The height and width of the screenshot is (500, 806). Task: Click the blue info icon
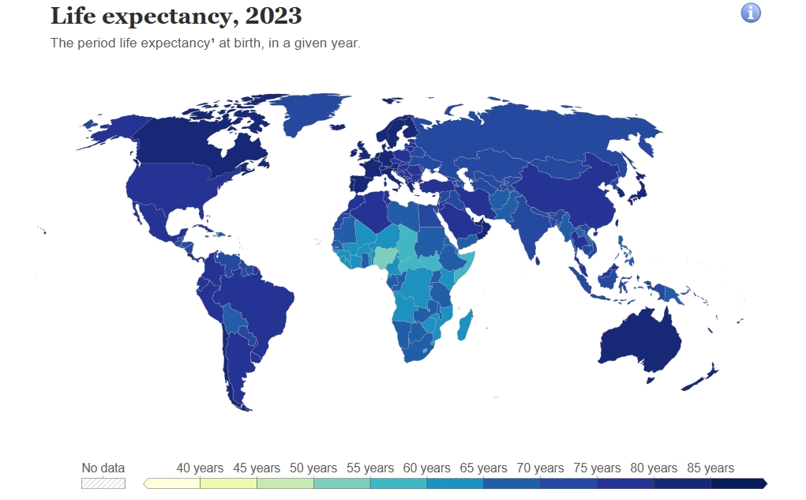[750, 13]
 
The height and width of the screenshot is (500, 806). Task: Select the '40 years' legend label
[200, 468]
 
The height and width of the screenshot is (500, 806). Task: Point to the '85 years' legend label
[710, 468]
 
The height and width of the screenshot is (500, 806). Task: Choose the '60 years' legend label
[427, 468]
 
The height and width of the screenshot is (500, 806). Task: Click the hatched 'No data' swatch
[103, 483]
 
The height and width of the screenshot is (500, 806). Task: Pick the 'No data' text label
[103, 468]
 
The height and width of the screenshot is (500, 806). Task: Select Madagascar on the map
[466, 325]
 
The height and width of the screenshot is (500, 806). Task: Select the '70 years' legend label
[540, 468]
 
